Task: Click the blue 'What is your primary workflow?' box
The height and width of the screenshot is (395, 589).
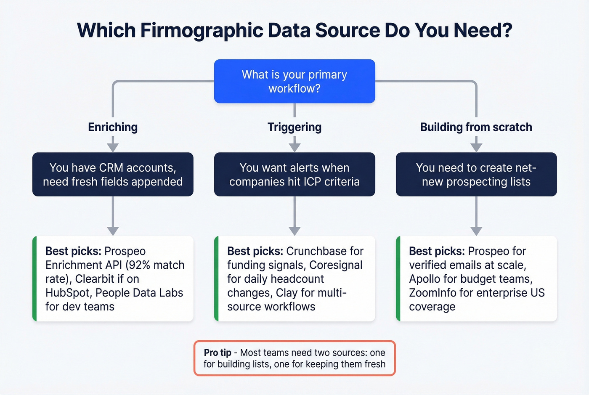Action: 294,81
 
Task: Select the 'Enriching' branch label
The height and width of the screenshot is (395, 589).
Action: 113,127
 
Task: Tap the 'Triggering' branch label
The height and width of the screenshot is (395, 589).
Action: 294,127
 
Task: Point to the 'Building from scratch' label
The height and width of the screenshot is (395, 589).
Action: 476,127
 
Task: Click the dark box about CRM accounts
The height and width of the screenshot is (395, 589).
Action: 113,174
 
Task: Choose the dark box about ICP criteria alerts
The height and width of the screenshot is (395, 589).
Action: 294,174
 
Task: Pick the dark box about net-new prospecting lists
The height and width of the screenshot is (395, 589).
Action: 476,174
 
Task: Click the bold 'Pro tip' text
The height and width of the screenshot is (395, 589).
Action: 218,353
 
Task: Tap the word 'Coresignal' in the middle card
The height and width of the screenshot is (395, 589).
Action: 336,265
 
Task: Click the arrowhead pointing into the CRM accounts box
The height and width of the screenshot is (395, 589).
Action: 113,147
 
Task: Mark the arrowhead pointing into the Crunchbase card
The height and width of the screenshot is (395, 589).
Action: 294,231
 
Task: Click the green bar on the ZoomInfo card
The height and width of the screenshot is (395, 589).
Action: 398,278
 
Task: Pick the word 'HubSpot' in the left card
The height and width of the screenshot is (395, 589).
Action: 67,293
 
